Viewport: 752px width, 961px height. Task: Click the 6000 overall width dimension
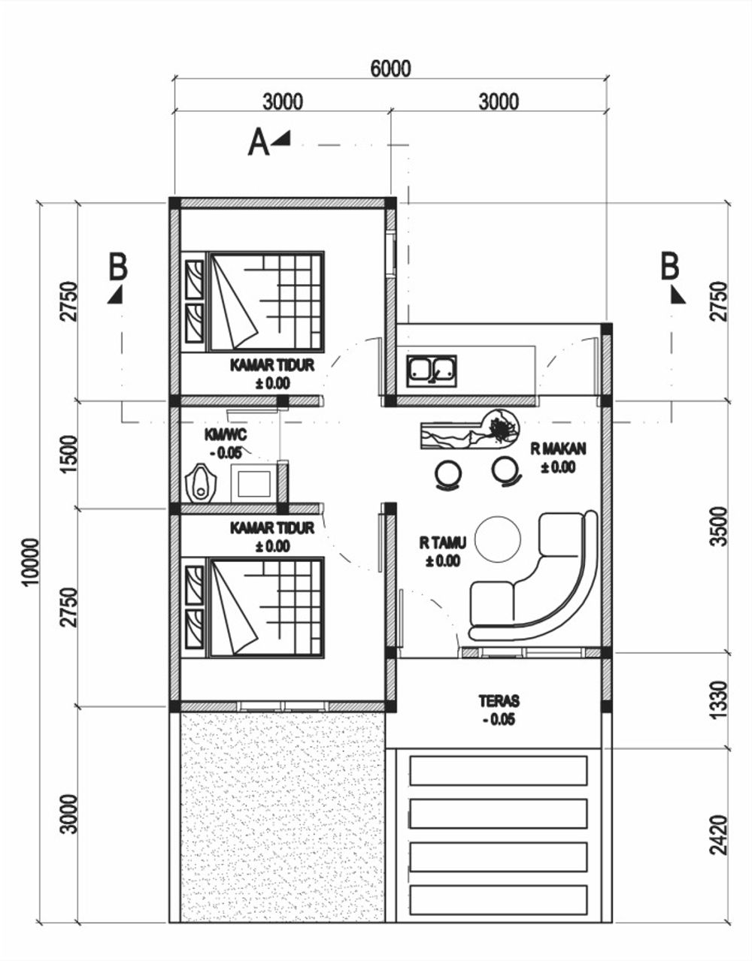(x=390, y=68)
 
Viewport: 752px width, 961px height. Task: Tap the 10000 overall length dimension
(x=32, y=562)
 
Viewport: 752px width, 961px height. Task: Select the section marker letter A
(x=259, y=142)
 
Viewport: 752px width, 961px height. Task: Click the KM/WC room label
(x=226, y=435)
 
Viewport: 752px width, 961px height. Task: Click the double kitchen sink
(x=432, y=370)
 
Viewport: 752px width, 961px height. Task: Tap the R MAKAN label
(x=559, y=449)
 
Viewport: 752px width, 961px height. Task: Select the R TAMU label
(x=443, y=542)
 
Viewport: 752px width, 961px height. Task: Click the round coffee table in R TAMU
(x=498, y=539)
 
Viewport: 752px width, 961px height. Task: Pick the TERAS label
(x=499, y=701)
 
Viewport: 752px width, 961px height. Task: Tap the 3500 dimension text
(x=718, y=526)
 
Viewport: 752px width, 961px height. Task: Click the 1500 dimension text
(x=68, y=454)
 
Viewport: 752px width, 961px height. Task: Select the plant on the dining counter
(x=502, y=428)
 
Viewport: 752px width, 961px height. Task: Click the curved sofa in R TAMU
(x=533, y=576)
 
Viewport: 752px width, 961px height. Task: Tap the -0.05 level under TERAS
(x=499, y=720)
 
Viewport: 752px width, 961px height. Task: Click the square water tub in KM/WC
(x=254, y=483)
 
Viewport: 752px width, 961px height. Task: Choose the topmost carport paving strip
(x=499, y=770)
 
